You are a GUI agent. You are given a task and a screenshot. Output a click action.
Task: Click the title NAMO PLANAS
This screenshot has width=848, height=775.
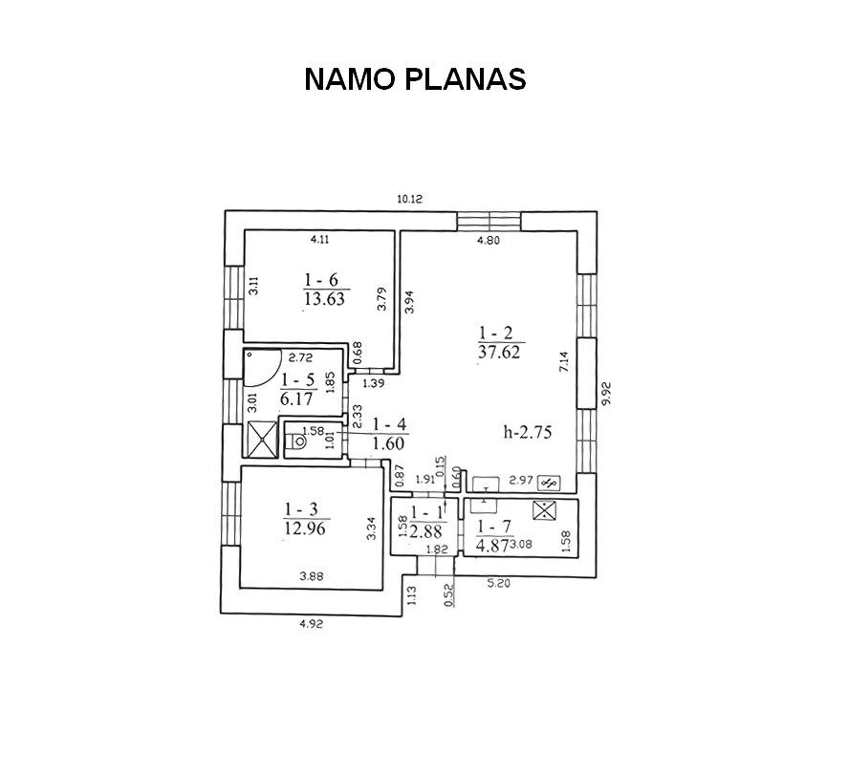point(415,79)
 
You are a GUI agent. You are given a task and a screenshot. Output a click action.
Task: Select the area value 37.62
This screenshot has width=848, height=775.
point(499,353)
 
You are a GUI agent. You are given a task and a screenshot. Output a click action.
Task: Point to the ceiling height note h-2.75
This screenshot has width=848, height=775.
point(528,432)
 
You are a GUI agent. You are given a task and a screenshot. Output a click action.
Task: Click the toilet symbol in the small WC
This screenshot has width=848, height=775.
point(295,441)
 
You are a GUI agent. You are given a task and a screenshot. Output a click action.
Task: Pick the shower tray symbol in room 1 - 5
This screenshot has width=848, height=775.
point(262,440)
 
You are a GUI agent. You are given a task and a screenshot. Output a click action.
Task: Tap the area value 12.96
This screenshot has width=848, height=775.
point(306,527)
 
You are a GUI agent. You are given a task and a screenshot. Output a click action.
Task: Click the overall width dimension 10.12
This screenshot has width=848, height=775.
point(410,199)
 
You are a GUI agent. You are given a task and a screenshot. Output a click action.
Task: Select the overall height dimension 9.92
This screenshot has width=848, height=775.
point(606,394)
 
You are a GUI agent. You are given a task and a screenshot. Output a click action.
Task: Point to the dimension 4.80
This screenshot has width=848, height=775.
point(489,241)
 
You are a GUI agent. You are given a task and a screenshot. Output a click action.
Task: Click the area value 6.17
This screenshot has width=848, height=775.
point(296,398)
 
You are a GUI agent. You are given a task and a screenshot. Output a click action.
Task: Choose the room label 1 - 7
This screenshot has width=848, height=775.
point(493,527)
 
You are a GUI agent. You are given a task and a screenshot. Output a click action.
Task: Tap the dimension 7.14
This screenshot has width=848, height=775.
point(564,361)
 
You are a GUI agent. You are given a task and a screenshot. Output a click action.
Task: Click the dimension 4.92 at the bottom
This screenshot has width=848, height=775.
point(311,624)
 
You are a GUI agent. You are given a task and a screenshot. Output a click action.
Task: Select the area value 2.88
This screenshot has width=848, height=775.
point(425,532)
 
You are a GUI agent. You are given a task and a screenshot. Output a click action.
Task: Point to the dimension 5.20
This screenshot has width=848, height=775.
point(499,584)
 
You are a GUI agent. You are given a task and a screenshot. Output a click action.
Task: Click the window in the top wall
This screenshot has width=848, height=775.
point(489,221)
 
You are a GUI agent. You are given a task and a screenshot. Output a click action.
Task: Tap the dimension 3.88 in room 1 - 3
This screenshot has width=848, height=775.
point(312,576)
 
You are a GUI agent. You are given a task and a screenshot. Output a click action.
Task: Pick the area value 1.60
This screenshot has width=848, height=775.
point(388,443)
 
